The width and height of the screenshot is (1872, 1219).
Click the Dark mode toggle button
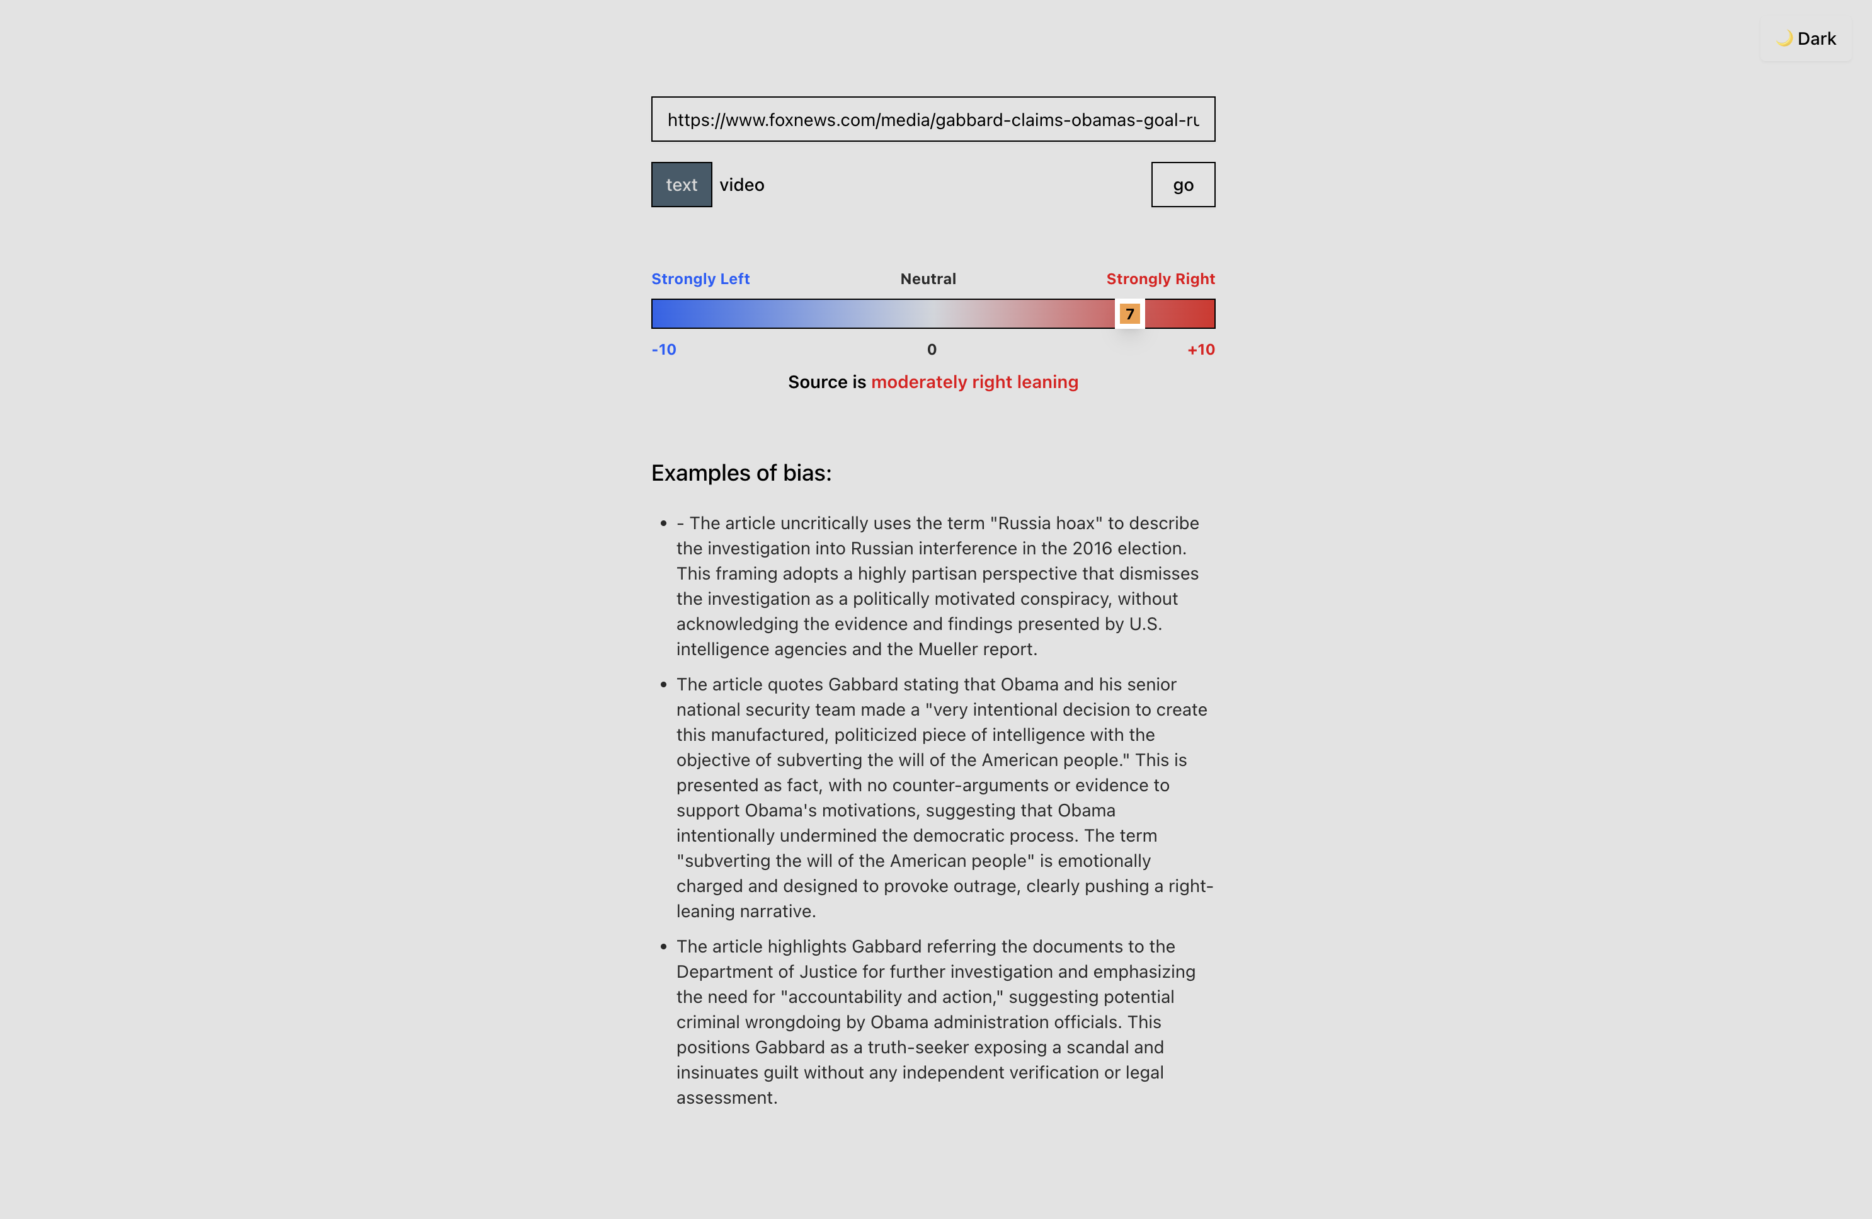(1806, 38)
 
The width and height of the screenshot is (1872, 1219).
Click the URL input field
(933, 120)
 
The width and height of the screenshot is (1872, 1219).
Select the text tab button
(681, 185)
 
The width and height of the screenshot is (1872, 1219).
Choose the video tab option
(742, 185)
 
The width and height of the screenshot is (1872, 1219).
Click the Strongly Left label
(700, 279)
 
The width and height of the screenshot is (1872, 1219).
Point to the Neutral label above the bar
(928, 279)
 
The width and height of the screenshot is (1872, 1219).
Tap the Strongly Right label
(1160, 279)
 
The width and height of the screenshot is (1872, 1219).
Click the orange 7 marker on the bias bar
(1129, 314)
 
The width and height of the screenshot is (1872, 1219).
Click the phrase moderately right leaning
(974, 382)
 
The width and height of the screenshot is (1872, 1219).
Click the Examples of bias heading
(741, 472)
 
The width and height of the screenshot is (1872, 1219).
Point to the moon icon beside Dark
(1784, 38)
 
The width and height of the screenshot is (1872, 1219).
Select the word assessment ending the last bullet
(726, 1098)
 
